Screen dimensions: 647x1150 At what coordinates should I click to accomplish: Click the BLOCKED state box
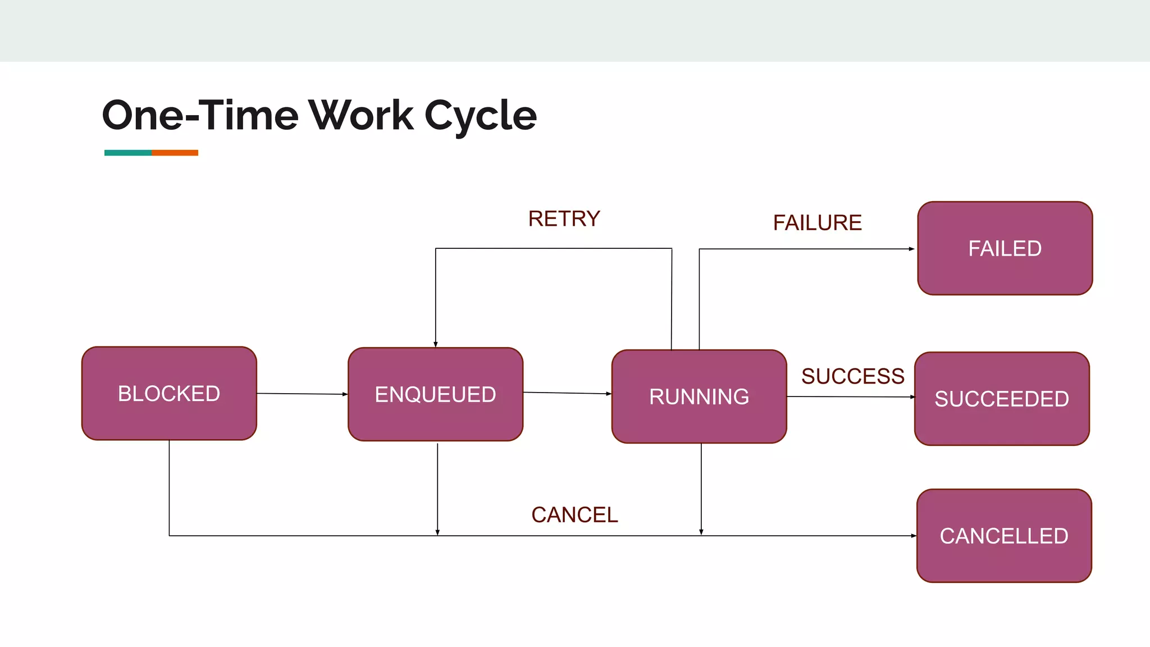coord(169,393)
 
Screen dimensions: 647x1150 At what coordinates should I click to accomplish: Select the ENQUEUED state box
coord(435,394)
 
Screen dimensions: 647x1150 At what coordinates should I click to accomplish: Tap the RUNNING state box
coord(699,397)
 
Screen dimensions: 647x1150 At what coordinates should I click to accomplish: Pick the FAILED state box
coord(1005,248)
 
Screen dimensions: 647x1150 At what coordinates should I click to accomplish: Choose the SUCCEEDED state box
coord(1002,399)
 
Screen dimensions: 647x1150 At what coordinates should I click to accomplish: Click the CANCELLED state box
coord(1004,536)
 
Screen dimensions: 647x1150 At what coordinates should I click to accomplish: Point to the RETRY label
coord(564,218)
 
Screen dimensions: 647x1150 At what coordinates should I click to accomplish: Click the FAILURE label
coord(817,223)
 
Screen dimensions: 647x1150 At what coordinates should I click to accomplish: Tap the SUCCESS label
coord(852,376)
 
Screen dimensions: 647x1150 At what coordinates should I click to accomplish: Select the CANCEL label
coord(574,515)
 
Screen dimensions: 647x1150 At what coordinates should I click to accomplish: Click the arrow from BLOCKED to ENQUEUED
coord(302,394)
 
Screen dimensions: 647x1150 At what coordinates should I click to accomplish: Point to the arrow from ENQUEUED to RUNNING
coord(567,393)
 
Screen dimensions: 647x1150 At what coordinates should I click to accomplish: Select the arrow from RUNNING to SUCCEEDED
coord(851,397)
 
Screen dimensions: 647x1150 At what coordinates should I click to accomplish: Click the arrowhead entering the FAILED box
coord(911,249)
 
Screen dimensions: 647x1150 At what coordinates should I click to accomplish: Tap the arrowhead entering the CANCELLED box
coord(913,536)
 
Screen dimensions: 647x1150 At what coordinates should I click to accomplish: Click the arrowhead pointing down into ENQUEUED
coord(436,344)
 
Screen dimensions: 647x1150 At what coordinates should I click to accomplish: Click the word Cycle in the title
coord(481,115)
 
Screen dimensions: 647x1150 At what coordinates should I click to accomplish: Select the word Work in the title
coord(361,115)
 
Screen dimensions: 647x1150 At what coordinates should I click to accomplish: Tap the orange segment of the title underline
coord(175,153)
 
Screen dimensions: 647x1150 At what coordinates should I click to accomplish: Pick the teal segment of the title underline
coord(128,153)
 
